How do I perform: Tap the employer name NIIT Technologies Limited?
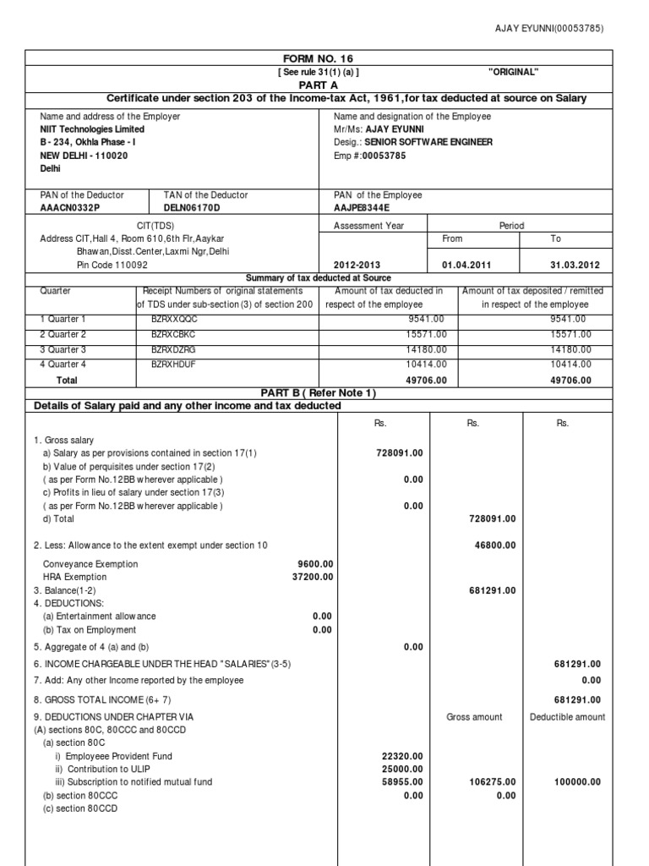click(x=92, y=129)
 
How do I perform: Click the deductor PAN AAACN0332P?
click(x=69, y=208)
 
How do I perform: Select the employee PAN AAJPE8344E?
click(x=364, y=208)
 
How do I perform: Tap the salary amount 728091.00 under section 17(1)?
click(x=400, y=453)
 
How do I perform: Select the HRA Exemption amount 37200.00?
click(x=314, y=577)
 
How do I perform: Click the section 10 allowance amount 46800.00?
click(x=492, y=545)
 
